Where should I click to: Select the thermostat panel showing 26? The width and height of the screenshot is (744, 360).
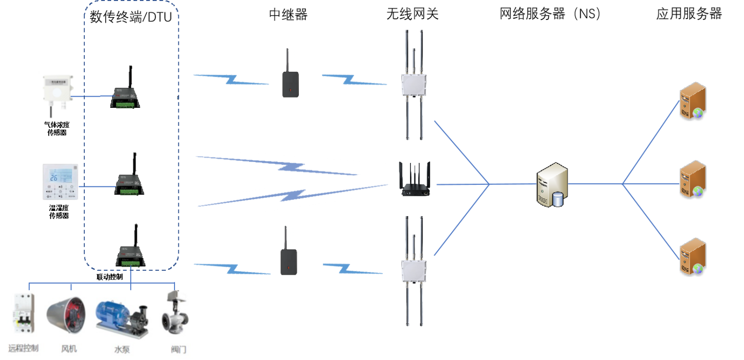[60, 181]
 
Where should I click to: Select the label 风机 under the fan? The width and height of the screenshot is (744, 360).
[69, 349]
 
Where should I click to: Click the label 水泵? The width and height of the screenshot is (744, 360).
[122, 349]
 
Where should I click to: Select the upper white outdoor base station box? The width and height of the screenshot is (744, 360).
[413, 85]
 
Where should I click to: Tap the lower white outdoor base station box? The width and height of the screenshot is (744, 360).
[413, 270]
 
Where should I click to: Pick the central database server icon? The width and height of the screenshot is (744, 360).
[552, 183]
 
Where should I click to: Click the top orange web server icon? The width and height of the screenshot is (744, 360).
[693, 101]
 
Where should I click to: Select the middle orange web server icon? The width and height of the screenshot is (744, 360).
[693, 179]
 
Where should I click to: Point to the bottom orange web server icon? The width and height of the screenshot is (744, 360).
[693, 257]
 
